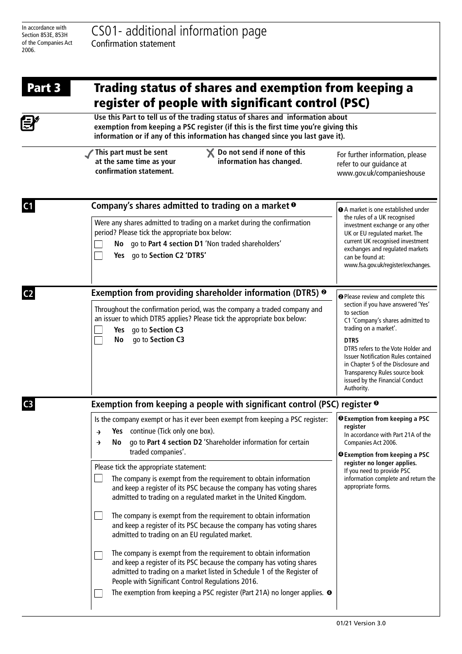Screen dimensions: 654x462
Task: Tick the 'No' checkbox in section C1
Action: click(x=98, y=244)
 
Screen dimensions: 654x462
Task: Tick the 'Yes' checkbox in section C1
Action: click(x=98, y=255)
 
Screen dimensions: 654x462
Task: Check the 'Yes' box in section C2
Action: click(x=98, y=330)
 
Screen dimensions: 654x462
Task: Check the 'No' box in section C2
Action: click(x=98, y=340)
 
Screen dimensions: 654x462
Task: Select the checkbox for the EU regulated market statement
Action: click(x=98, y=516)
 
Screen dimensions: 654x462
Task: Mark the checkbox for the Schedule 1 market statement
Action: click(x=98, y=555)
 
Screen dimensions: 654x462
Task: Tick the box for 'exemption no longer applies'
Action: click(x=98, y=593)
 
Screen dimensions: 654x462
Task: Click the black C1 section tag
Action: click(x=28, y=206)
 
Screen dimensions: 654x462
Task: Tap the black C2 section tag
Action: click(x=28, y=293)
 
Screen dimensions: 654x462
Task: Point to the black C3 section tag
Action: click(x=28, y=404)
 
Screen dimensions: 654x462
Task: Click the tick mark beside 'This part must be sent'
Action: click(x=89, y=154)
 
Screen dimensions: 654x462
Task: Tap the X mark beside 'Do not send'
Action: click(x=211, y=153)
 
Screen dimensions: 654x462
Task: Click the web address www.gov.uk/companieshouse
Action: click(x=381, y=173)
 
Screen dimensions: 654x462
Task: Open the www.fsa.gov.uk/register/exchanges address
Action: click(x=387, y=265)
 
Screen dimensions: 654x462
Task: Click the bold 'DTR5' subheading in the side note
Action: click(x=351, y=341)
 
